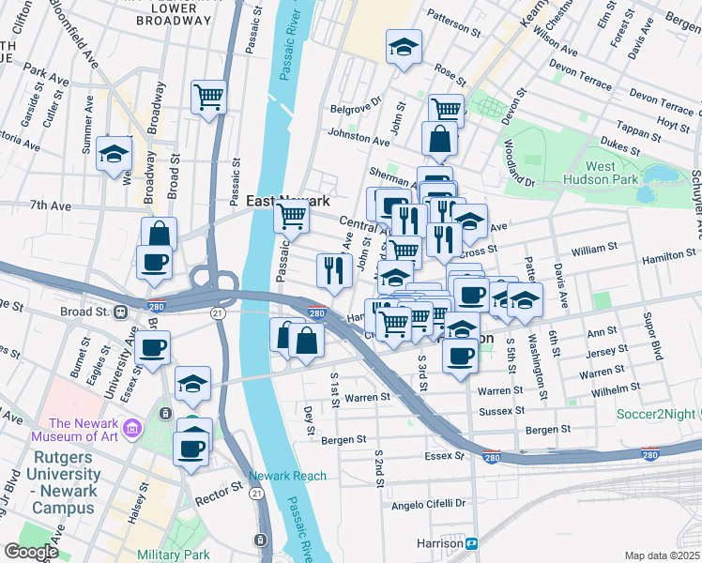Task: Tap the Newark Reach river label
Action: [x=288, y=476]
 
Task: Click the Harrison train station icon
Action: [x=473, y=543]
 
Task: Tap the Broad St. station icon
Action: [x=121, y=312]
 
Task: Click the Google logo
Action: [x=31, y=552]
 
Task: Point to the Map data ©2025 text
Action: [x=662, y=555]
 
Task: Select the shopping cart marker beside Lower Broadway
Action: [x=207, y=97]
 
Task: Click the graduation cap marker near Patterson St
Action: [x=404, y=47]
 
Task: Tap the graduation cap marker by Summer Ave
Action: [x=114, y=154]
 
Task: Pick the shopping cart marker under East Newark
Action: [x=292, y=217]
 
